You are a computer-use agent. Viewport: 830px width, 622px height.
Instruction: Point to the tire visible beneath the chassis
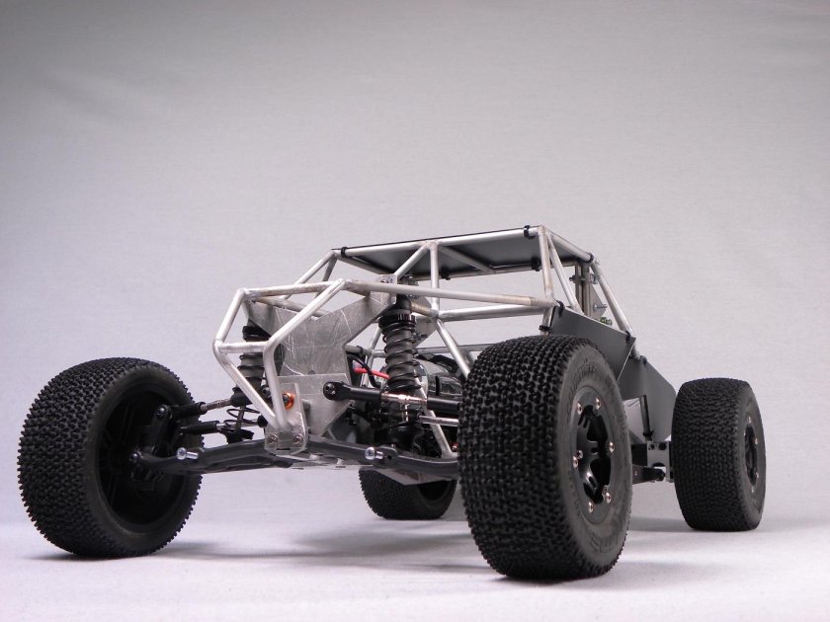(x=405, y=494)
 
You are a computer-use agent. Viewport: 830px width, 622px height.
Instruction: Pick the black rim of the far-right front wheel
(x=751, y=454)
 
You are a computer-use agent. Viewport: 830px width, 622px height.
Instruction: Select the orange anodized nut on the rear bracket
(x=290, y=400)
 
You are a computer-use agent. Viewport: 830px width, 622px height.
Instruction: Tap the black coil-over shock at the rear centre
(x=399, y=350)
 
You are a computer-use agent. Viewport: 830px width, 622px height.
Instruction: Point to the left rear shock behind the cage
(x=255, y=360)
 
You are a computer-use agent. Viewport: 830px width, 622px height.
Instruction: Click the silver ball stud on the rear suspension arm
(x=374, y=454)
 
